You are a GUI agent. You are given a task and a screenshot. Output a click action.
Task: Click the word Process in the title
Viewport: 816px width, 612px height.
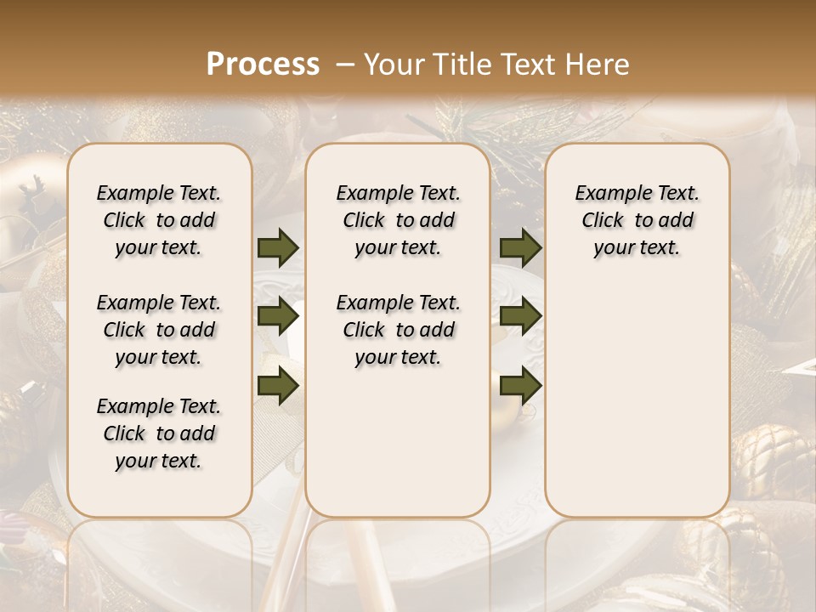(x=263, y=64)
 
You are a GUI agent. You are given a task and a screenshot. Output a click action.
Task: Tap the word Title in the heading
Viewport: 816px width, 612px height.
(x=460, y=64)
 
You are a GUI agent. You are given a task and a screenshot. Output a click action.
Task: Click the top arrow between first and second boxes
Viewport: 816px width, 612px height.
(x=278, y=248)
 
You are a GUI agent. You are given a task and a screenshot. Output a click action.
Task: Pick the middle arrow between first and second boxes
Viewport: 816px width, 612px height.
(x=278, y=317)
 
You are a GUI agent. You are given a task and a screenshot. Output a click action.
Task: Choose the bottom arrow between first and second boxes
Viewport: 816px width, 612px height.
(x=278, y=387)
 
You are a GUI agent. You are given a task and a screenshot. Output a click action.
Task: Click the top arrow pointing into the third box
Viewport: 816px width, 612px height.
(x=520, y=248)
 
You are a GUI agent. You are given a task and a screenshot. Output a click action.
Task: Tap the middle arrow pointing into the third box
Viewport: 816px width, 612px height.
(x=520, y=317)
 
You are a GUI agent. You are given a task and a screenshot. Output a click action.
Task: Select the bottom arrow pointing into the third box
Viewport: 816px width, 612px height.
(x=520, y=387)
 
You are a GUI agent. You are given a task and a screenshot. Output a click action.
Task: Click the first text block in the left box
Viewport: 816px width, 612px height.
(x=159, y=220)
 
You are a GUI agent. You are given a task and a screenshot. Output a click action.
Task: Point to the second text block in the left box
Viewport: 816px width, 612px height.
(x=159, y=330)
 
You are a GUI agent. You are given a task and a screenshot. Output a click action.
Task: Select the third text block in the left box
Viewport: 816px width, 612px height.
(x=159, y=433)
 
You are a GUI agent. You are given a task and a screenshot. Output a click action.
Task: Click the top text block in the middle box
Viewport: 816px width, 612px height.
(x=398, y=220)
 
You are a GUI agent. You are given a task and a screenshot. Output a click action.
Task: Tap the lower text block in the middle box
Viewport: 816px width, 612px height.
(x=398, y=330)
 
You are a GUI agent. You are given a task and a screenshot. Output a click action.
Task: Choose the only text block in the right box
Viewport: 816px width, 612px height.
(x=637, y=220)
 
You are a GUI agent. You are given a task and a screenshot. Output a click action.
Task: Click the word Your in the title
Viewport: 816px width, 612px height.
(x=394, y=64)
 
